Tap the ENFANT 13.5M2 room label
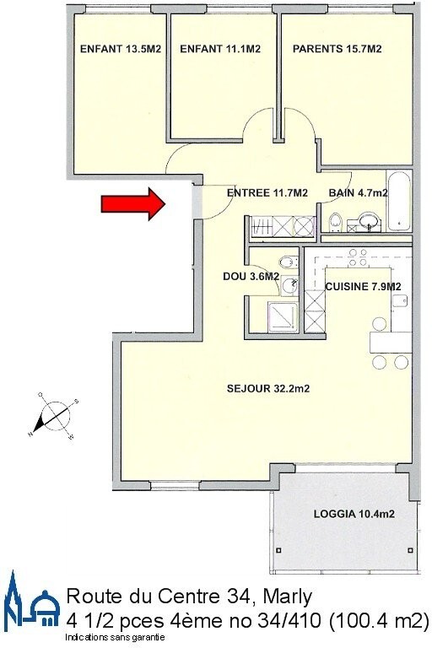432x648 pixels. [121, 49]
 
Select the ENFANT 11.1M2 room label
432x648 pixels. [220, 49]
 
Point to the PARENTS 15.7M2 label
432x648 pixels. [337, 49]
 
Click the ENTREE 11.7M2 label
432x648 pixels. [267, 192]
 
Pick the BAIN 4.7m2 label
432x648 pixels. [358, 192]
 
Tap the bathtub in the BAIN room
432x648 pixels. [398, 201]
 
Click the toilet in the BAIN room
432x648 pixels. [335, 222]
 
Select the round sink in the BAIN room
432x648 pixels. [369, 220]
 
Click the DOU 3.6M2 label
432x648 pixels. [251, 277]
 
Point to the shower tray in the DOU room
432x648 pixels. [283, 317]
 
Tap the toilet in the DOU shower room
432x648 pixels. [289, 262]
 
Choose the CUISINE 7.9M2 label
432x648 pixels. [363, 286]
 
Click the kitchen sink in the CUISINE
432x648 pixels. [400, 300]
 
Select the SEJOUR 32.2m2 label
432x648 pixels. [268, 388]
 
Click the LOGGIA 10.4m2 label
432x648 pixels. [354, 514]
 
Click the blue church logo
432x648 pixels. [31, 599]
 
